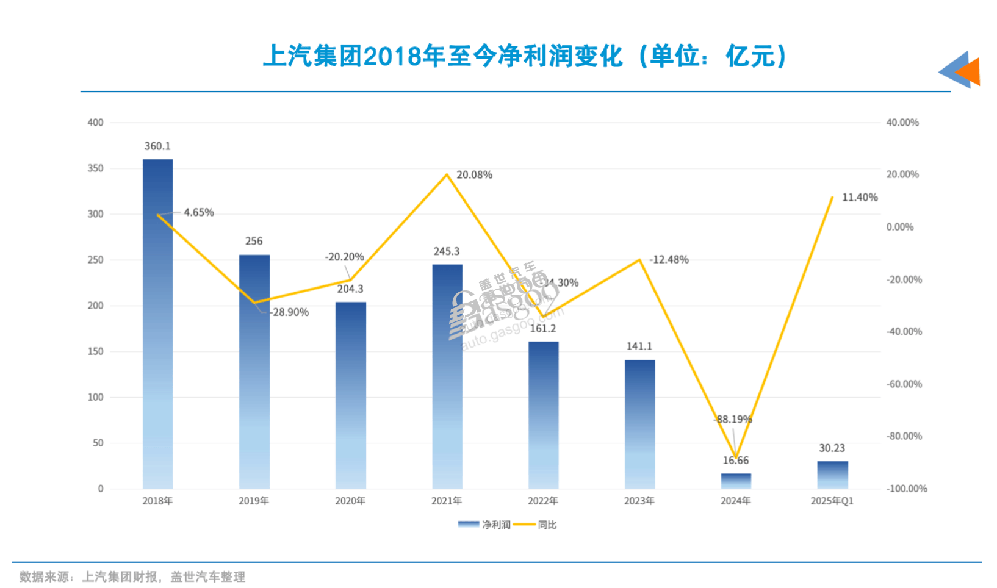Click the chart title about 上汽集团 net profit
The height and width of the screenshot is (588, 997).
[525, 57]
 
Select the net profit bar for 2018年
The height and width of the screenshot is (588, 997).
[157, 323]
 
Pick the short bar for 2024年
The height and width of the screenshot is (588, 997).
[736, 481]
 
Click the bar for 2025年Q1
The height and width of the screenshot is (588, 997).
[832, 475]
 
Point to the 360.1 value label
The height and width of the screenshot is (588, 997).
[157, 146]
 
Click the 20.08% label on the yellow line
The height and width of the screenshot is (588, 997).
[474, 175]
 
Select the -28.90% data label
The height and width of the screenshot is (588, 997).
[290, 312]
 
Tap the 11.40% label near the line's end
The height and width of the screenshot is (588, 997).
[860, 198]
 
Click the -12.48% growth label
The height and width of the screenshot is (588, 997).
[669, 260]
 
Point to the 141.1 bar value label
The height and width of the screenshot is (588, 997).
[639, 346]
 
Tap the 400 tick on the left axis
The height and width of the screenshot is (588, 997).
[95, 123]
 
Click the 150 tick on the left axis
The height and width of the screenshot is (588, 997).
[95, 351]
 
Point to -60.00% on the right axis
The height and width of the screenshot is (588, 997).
[904, 384]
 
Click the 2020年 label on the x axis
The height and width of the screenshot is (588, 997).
[350, 501]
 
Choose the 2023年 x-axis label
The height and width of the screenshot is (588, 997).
[639, 501]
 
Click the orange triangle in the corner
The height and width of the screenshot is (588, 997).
[970, 72]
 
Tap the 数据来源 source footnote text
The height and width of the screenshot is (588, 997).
[132, 576]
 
